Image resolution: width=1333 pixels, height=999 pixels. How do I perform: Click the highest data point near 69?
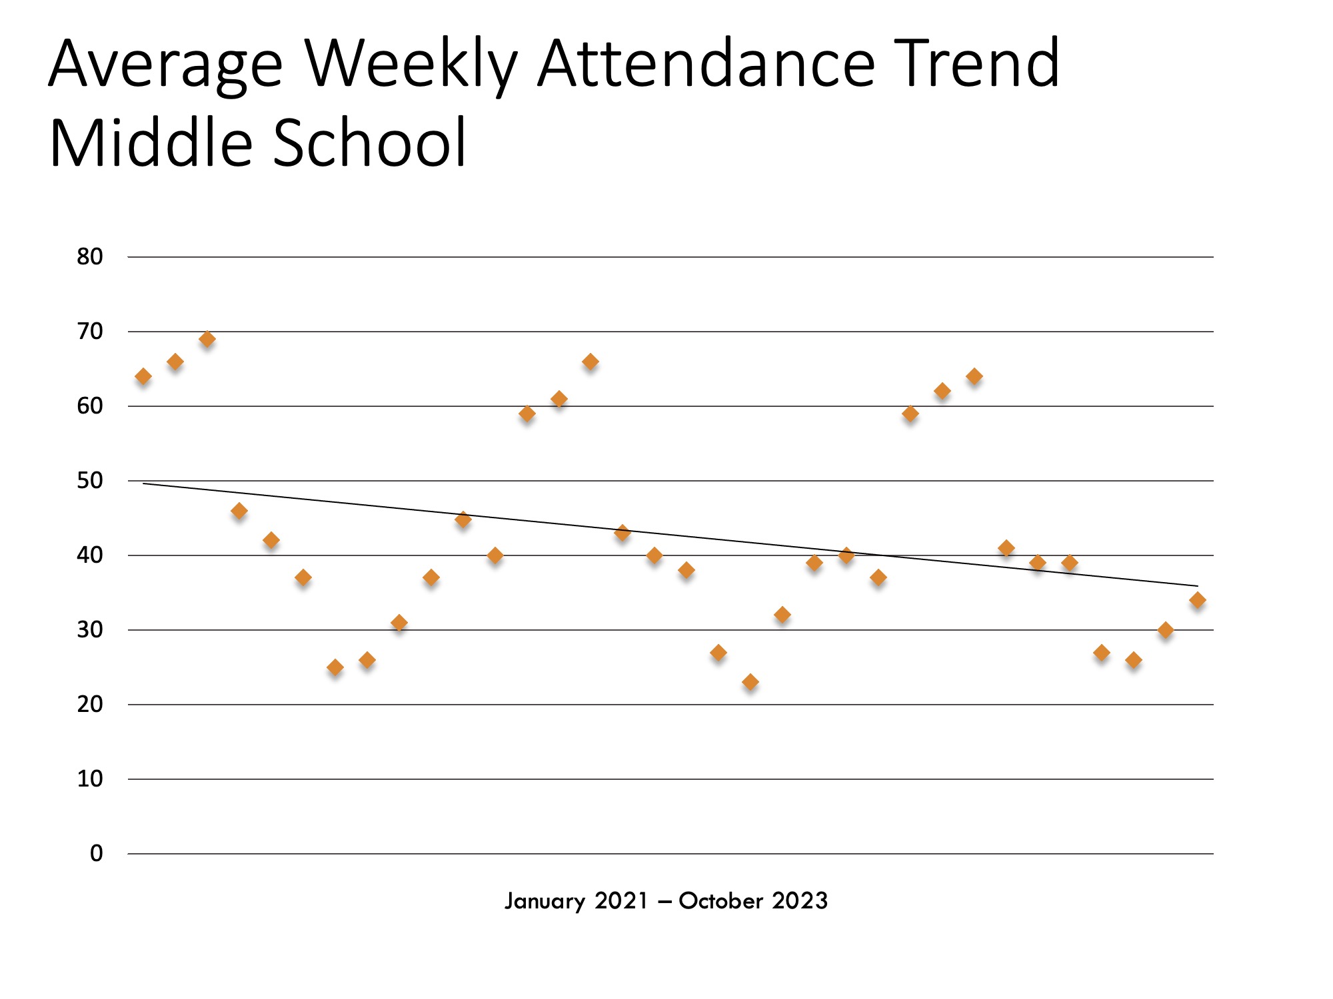pos(207,339)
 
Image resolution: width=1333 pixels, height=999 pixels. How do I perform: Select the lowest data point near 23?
pos(750,682)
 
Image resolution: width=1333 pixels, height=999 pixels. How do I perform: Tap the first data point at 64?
pos(143,376)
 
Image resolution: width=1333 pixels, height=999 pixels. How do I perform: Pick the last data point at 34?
pos(1198,600)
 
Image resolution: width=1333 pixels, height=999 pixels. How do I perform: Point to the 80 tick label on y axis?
pos(90,256)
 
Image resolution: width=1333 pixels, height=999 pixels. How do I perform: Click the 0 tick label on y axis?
pos(97,853)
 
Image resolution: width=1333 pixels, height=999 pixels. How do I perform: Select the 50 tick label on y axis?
pos(90,480)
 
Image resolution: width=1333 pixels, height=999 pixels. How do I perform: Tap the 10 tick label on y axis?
pos(90,779)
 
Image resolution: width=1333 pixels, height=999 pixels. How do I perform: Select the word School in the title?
pos(370,143)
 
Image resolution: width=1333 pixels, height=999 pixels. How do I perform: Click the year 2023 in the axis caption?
pos(800,901)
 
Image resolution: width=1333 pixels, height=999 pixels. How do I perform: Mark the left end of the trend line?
pos(143,483)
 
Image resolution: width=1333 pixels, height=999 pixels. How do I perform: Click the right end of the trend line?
pos(1198,586)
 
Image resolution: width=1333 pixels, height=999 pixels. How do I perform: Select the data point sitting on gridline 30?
pos(1166,630)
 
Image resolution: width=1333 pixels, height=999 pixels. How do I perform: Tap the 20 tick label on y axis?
pos(90,704)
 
